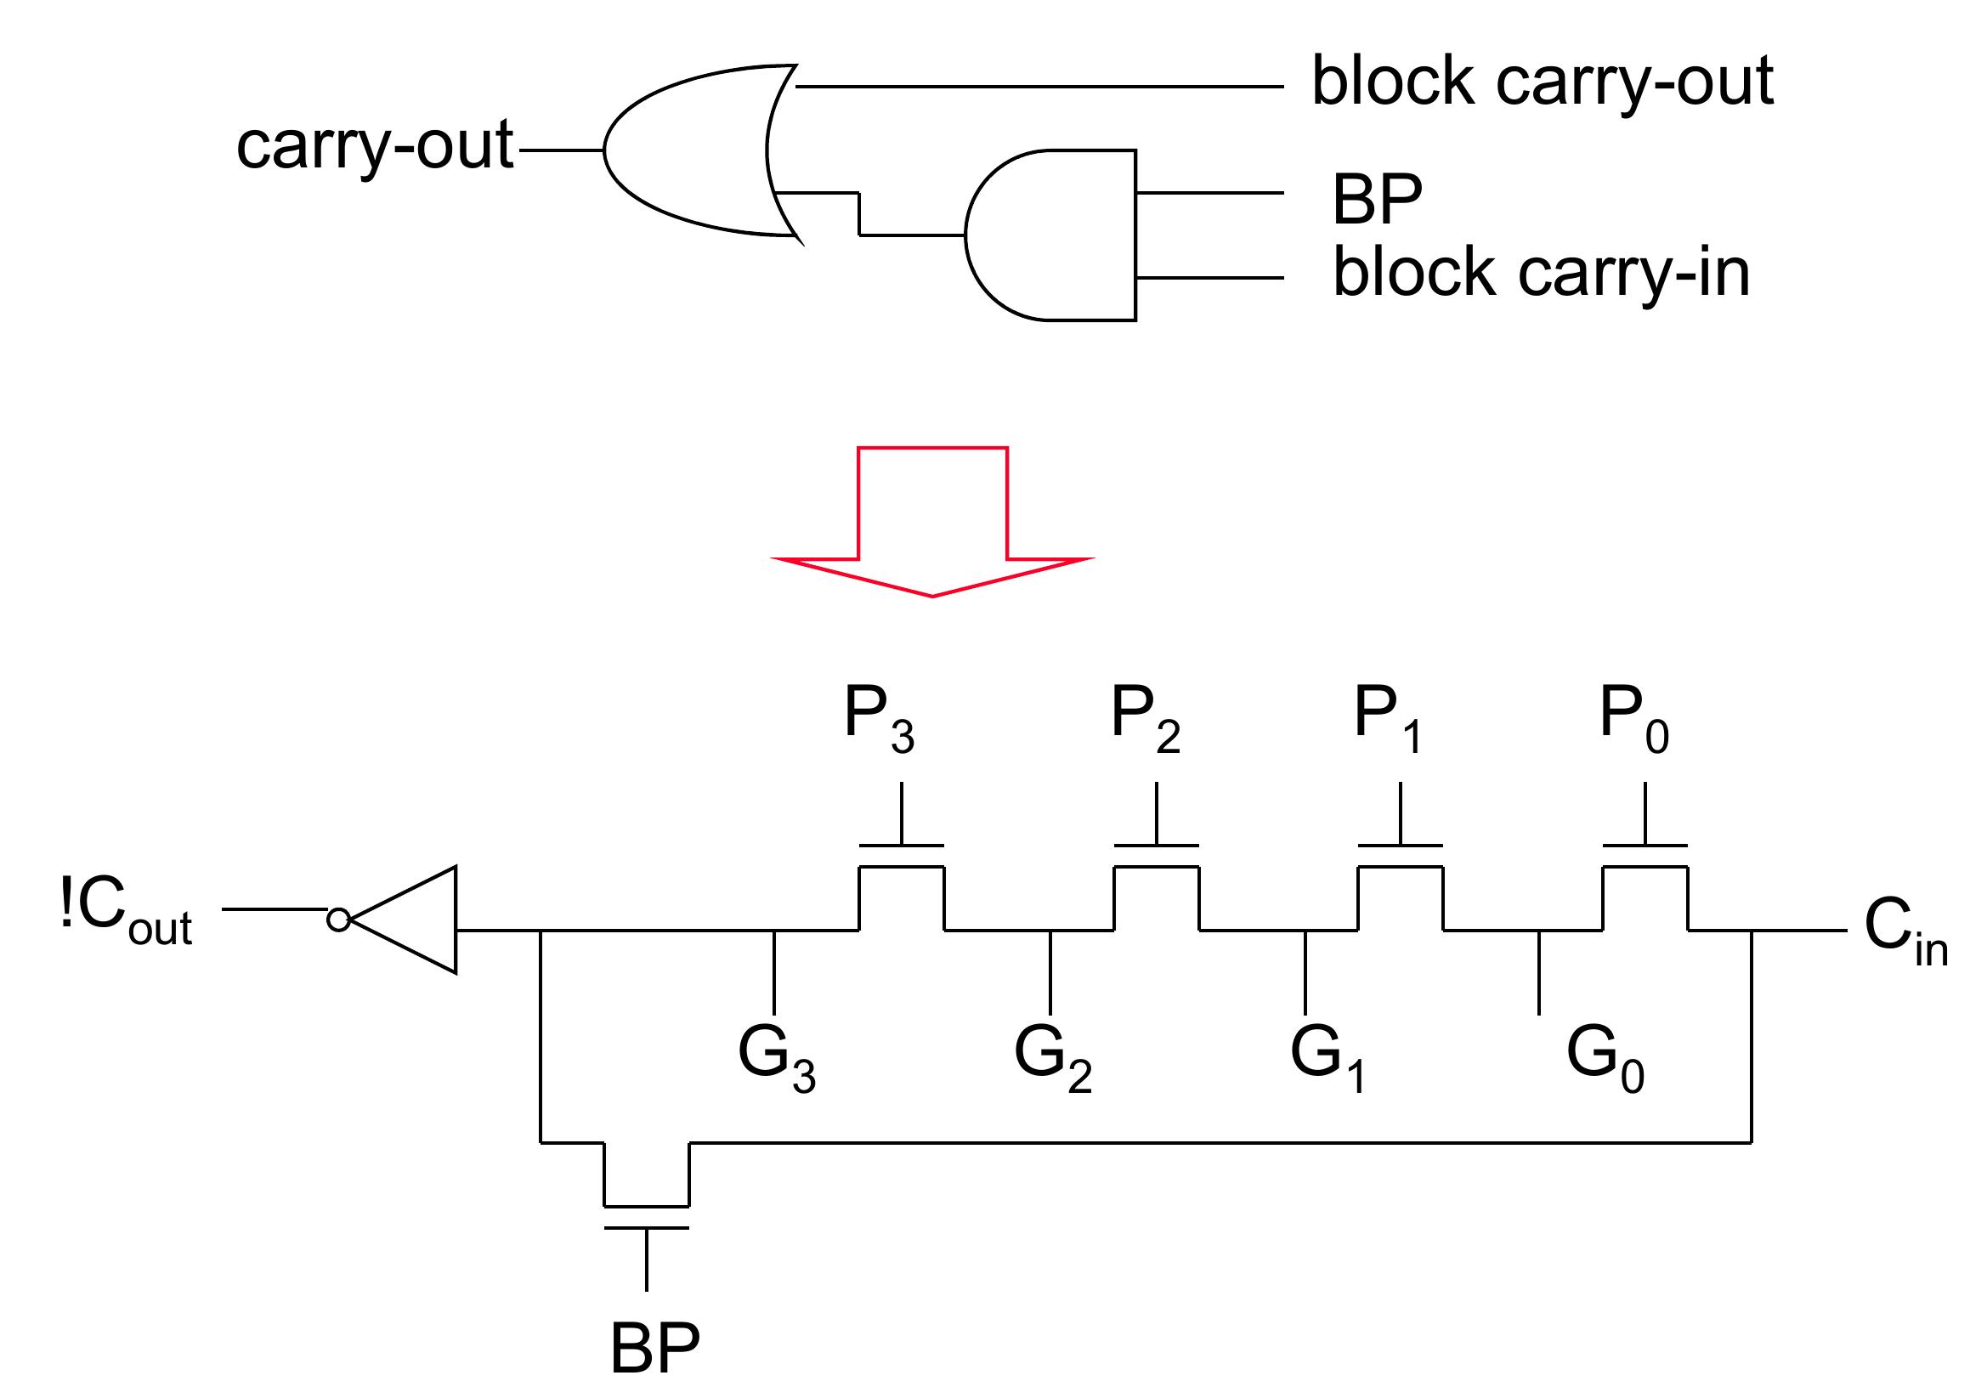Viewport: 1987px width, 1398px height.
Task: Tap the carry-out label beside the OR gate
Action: pos(375,145)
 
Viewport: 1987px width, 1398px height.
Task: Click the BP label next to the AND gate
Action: pos(1376,200)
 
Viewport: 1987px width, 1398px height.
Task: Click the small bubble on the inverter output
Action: pos(338,920)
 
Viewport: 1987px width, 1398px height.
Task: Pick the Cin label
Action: pos(1905,931)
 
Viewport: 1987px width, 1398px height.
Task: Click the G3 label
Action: pos(775,1058)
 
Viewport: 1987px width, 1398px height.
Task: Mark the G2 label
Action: pos(1051,1058)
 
